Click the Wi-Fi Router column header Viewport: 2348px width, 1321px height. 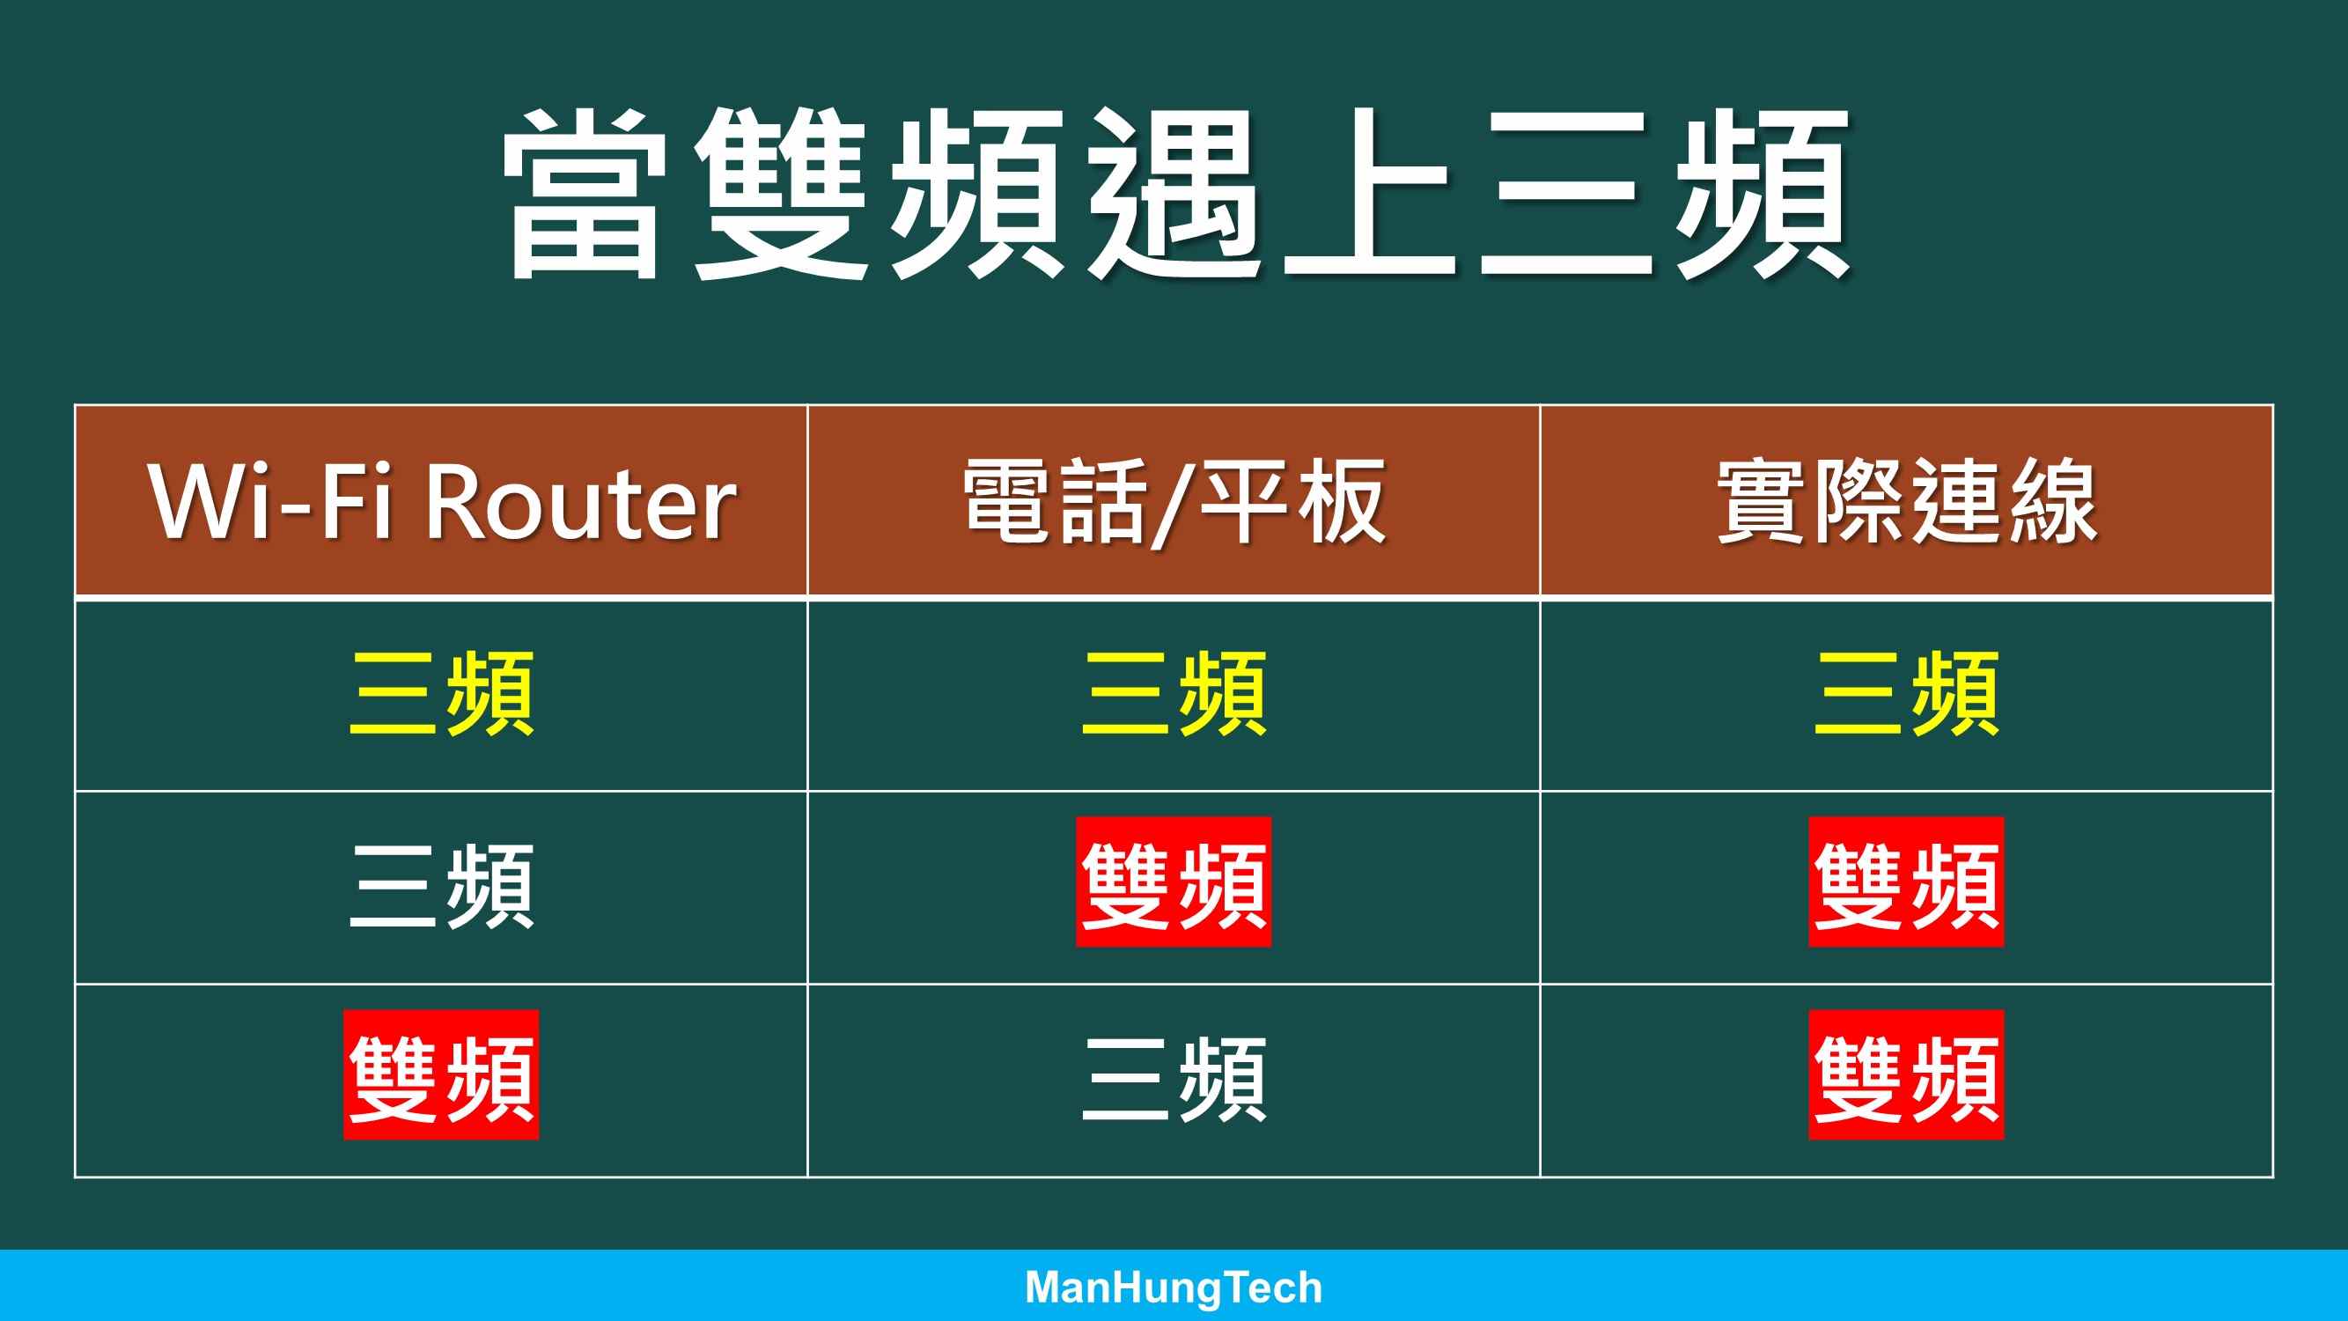point(442,501)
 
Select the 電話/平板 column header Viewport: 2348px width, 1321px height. point(1174,502)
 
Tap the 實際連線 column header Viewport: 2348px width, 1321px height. point(1907,501)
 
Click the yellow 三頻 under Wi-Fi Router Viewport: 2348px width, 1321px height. point(442,694)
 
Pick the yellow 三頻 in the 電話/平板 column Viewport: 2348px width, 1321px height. point(1174,694)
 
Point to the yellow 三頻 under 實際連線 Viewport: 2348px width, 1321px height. point(1907,694)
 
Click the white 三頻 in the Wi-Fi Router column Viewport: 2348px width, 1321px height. point(442,886)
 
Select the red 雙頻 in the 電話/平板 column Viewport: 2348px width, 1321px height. point(1174,882)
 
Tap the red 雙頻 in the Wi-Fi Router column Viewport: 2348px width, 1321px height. point(442,1074)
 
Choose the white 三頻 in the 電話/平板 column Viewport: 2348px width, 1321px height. point(1174,1080)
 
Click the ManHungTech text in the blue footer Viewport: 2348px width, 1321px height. point(1174,1288)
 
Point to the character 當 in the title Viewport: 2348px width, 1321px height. point(584,194)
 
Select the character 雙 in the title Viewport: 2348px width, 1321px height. point(780,194)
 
